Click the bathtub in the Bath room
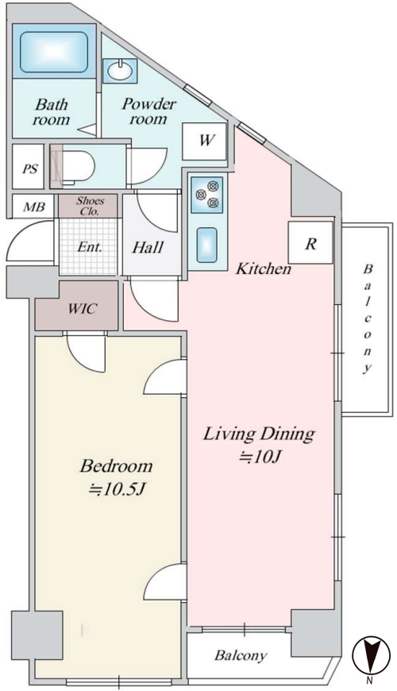[54, 51]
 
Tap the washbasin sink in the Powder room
[120, 71]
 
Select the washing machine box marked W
[204, 141]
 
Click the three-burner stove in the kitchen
[207, 193]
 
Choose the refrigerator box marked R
[310, 243]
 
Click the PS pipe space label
[30, 169]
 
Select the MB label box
[33, 206]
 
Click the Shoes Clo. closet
[89, 206]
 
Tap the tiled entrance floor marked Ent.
[89, 246]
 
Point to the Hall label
[148, 247]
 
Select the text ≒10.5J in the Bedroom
[118, 488]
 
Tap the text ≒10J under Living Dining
[260, 457]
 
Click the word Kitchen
[264, 268]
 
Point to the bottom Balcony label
[241, 656]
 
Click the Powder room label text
[149, 111]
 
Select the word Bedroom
[117, 465]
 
